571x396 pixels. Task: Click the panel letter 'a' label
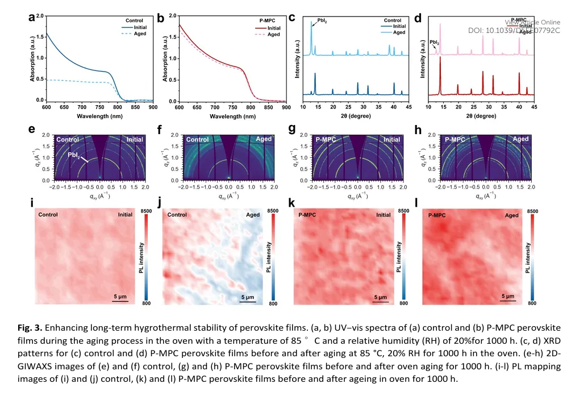(32, 17)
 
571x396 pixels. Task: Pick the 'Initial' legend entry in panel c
(399, 26)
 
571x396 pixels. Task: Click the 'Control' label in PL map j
(177, 215)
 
